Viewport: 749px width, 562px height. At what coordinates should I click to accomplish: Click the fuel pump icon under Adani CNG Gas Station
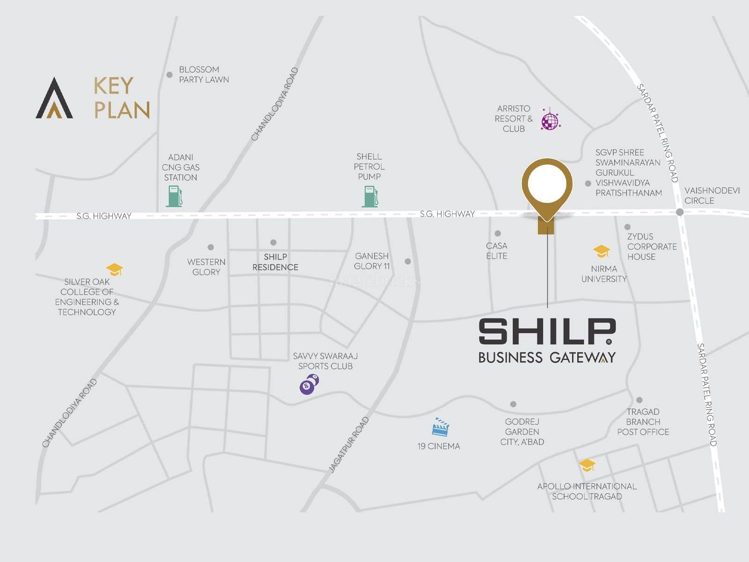coord(174,196)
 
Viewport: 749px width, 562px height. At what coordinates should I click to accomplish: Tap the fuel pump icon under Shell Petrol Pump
coord(370,196)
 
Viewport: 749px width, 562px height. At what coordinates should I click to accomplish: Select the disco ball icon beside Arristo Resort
coord(550,119)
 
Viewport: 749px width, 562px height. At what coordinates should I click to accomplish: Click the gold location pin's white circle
coord(547,184)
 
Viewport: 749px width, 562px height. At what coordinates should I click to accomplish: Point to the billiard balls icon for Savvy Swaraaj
coord(309,385)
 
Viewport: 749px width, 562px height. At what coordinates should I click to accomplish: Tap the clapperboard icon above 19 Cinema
coord(441,427)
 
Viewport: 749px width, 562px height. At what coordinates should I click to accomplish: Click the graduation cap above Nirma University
coord(602,251)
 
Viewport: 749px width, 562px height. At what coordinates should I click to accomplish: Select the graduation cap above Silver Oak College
coord(114,269)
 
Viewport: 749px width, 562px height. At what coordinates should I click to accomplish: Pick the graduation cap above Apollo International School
coord(587,465)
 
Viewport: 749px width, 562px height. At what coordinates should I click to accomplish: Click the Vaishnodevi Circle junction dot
coord(680,212)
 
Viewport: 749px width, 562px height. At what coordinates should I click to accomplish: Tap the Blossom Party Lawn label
coord(204,74)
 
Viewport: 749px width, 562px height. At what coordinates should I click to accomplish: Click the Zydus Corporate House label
coord(652,246)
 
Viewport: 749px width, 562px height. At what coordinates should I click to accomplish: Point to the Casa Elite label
coord(497,251)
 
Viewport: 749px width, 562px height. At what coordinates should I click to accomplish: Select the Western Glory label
coord(206,267)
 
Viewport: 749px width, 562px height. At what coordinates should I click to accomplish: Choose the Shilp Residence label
coord(275,262)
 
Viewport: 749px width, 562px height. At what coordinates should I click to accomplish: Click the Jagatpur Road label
coord(349,444)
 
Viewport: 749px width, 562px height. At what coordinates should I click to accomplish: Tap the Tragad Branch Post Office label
coord(643,421)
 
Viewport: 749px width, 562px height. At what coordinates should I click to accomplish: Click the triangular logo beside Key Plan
coord(54,99)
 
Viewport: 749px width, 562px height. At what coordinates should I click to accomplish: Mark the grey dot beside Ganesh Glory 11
coord(408,261)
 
